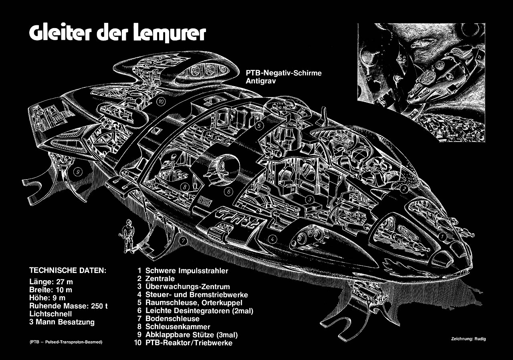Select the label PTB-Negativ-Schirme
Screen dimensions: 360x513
click(284, 73)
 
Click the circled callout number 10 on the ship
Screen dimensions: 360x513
click(161, 102)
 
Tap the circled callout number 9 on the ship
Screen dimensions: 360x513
click(79, 173)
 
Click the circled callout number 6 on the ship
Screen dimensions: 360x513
click(228, 192)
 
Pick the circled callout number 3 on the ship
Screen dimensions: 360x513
click(309, 199)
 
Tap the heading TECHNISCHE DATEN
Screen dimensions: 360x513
click(68, 270)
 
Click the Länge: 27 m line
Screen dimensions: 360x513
click(51, 282)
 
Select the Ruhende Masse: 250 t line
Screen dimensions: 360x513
click(69, 306)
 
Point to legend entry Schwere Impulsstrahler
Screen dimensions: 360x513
click(186, 271)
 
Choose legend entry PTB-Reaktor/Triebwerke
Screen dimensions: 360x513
click(189, 343)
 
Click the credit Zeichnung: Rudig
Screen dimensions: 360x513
click(468, 339)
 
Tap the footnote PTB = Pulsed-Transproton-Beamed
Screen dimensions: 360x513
click(66, 342)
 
